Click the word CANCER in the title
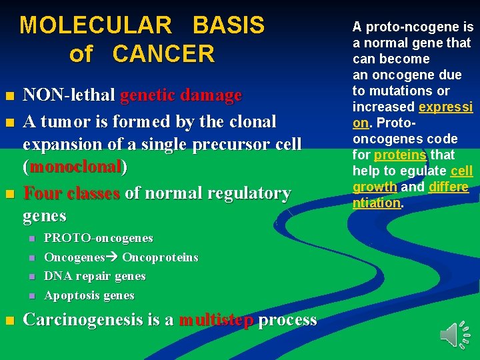(164, 54)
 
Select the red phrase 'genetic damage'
(181, 96)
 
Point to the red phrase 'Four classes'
(71, 193)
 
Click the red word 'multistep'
(216, 320)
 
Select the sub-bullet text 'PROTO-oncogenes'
(99, 238)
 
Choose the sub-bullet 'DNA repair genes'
(95, 276)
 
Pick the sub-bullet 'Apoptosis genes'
(89, 295)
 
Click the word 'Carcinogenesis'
(93, 320)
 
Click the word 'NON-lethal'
(69, 96)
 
